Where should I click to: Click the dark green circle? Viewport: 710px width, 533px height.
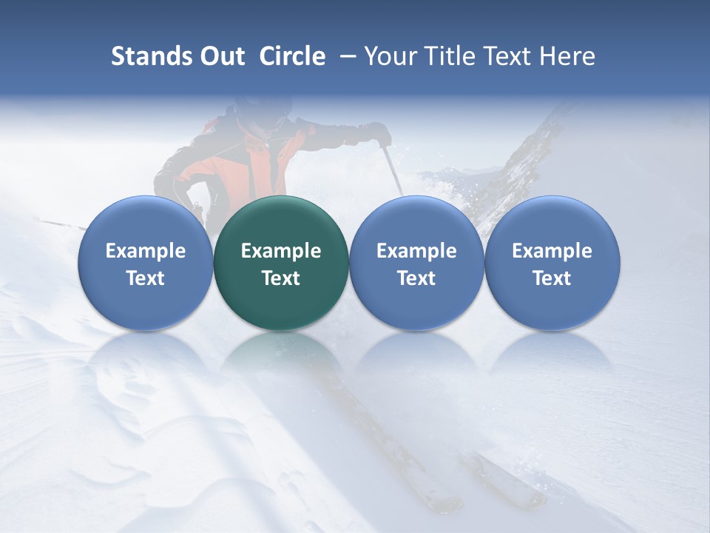[281, 222]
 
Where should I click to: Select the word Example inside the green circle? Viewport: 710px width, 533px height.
[281, 251]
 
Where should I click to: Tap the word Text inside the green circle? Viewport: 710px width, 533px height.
[281, 278]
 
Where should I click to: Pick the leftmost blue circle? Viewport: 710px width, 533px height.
[146, 222]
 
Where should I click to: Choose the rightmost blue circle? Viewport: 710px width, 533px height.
[552, 222]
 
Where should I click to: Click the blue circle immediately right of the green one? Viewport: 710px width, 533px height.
[416, 222]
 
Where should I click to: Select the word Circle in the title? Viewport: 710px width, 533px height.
[292, 56]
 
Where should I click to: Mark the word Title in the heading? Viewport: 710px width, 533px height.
[452, 56]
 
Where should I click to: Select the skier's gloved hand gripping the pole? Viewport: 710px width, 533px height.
[380, 134]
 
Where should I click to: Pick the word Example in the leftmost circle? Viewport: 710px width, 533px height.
[146, 251]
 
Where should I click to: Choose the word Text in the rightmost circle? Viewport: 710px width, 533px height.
[552, 278]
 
